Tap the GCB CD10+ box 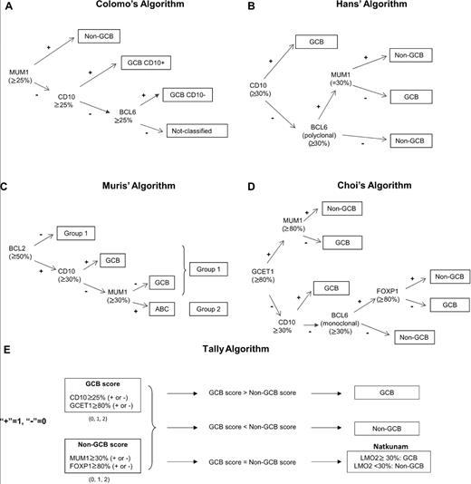coord(151,63)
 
